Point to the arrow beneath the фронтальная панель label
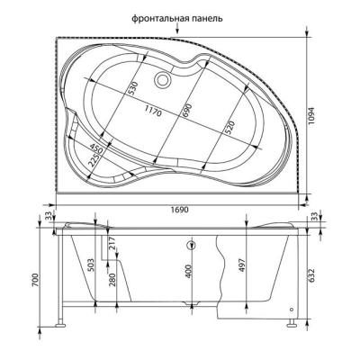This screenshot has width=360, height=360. [x=177, y=29]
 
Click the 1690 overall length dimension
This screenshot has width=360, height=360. [x=179, y=210]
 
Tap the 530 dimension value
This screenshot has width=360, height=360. [x=133, y=88]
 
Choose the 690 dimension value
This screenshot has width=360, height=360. [x=186, y=111]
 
